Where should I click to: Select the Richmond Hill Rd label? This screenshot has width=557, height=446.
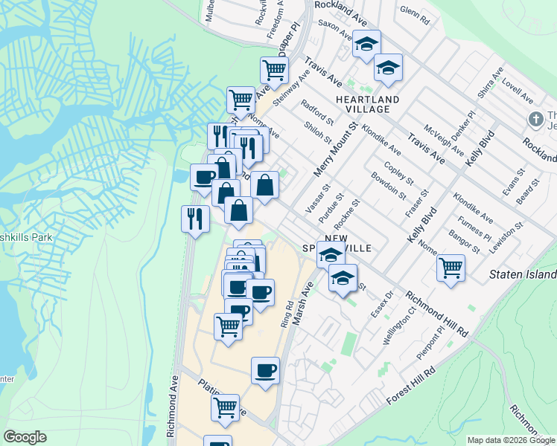pos(436,312)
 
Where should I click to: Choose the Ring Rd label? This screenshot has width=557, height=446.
pos(287,314)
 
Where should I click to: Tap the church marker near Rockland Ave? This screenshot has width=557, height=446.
pos(535,119)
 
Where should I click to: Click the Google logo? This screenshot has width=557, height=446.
pos(25,437)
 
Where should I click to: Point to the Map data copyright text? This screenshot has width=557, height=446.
pos(511,440)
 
